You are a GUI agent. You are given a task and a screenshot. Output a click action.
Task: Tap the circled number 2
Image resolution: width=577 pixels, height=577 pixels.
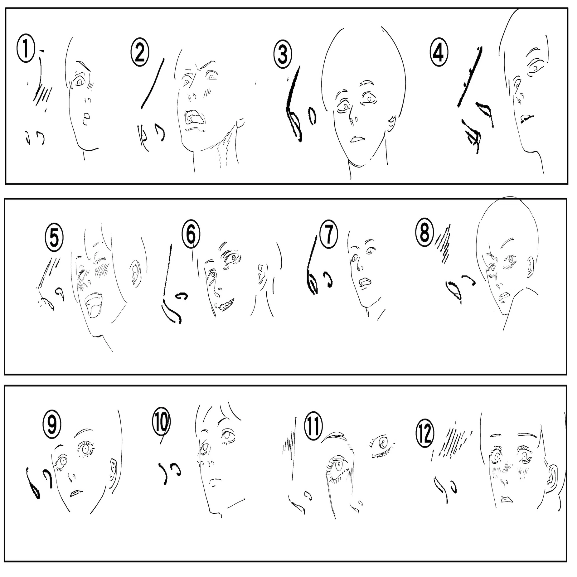click(x=140, y=53)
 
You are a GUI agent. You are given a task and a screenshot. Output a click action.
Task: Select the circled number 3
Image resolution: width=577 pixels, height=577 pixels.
click(x=283, y=54)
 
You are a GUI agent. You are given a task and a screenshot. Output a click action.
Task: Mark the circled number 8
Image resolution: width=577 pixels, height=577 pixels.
click(x=424, y=232)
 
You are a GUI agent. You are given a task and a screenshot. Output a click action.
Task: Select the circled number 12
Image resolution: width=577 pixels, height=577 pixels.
click(x=425, y=435)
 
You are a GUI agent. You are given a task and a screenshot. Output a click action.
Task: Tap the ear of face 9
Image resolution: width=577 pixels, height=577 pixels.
click(x=112, y=469)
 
